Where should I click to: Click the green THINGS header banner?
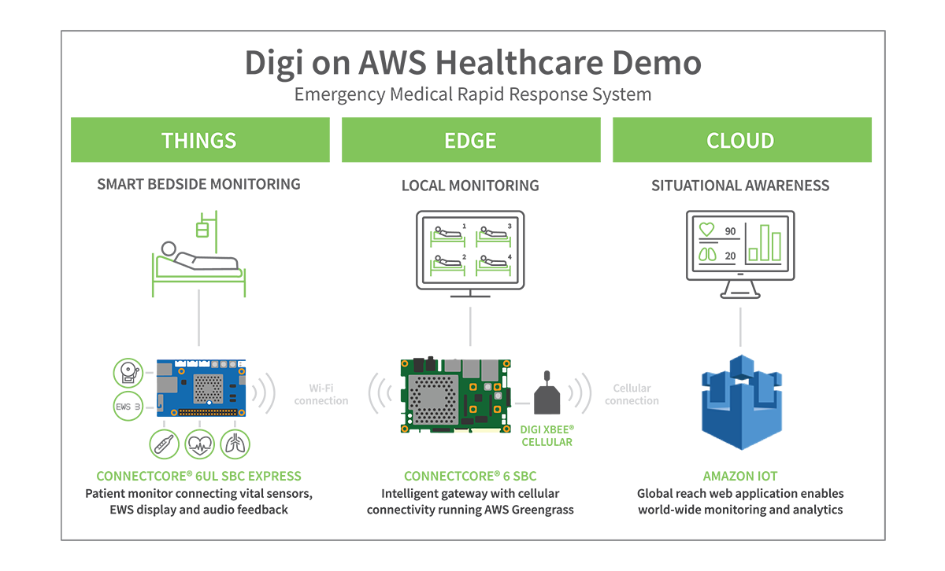tap(200, 140)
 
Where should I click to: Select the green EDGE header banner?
tap(470, 140)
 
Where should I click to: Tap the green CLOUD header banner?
tap(741, 140)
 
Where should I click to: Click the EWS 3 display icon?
tap(130, 407)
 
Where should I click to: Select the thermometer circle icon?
tap(165, 444)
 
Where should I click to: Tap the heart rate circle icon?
tap(200, 444)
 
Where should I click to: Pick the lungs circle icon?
tap(235, 444)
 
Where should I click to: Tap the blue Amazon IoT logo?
tap(740, 402)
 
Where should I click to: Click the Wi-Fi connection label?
tap(321, 395)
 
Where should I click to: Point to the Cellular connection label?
tap(632, 395)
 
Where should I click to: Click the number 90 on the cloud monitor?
tap(730, 231)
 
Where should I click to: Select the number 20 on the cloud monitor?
tap(730, 256)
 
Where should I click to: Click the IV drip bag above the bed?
tap(202, 230)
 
